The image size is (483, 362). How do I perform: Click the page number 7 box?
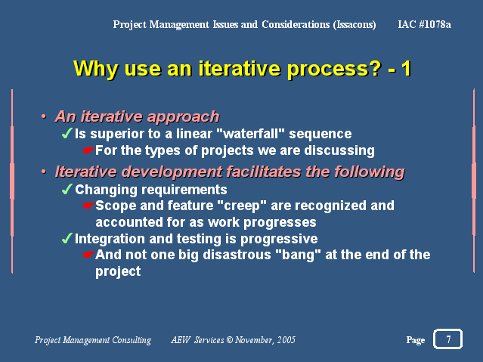pos(447,339)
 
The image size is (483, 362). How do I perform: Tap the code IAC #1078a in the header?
pos(425,24)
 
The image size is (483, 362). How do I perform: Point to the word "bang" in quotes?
pos(298,255)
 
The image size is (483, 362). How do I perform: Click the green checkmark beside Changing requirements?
pos(67,189)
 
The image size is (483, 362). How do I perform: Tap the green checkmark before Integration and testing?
pos(67,239)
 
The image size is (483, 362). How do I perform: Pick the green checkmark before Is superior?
pos(67,134)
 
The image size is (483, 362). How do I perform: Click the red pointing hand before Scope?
pos(88,206)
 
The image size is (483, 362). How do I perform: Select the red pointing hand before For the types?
pos(88,150)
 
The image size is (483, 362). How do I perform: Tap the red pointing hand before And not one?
pos(88,255)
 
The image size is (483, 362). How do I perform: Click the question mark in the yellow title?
pos(376,68)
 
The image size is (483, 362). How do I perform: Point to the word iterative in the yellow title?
pos(240,68)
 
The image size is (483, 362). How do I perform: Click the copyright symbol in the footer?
pos(230,340)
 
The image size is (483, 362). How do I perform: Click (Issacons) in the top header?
pos(355,24)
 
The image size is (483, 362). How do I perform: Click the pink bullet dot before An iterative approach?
pos(44,116)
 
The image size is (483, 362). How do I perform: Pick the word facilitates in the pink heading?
pos(264,172)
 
